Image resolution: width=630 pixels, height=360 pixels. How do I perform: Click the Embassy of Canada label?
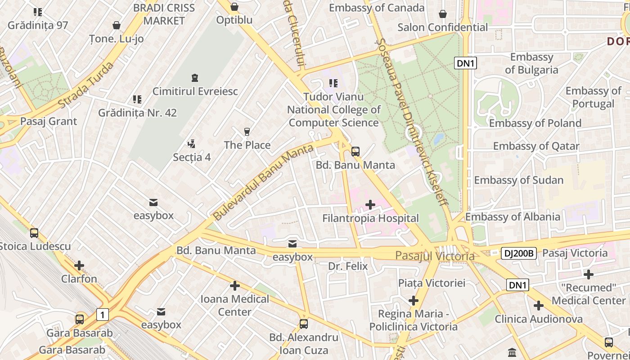(377, 8)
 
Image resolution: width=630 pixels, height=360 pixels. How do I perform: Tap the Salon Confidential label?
(442, 27)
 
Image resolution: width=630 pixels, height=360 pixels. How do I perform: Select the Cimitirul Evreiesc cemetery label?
(195, 91)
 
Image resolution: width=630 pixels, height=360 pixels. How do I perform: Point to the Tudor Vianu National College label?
(333, 110)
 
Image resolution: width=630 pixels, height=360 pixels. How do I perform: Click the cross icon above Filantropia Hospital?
(370, 205)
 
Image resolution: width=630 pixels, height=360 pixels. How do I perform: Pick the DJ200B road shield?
(518, 253)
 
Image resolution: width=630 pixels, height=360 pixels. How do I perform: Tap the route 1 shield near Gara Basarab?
(103, 315)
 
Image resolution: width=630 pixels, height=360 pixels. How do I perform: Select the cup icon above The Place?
(247, 132)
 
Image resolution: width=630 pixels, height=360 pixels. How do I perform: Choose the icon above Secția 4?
(192, 144)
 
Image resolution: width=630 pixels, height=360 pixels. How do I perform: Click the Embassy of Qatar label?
(536, 146)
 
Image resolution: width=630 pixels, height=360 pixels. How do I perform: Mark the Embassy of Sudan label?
(518, 180)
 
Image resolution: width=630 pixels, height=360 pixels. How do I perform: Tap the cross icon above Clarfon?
(79, 265)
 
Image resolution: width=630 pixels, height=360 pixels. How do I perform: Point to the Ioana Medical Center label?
(234, 306)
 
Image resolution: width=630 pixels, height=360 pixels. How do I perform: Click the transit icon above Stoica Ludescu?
(34, 233)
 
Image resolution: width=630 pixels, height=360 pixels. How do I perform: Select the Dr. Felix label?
(348, 266)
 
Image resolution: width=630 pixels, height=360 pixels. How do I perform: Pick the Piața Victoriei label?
(432, 283)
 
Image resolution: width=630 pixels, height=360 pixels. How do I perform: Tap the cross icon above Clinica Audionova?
(538, 306)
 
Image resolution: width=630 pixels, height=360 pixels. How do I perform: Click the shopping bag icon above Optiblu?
(234, 7)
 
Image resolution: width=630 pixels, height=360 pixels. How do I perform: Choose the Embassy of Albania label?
(513, 217)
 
